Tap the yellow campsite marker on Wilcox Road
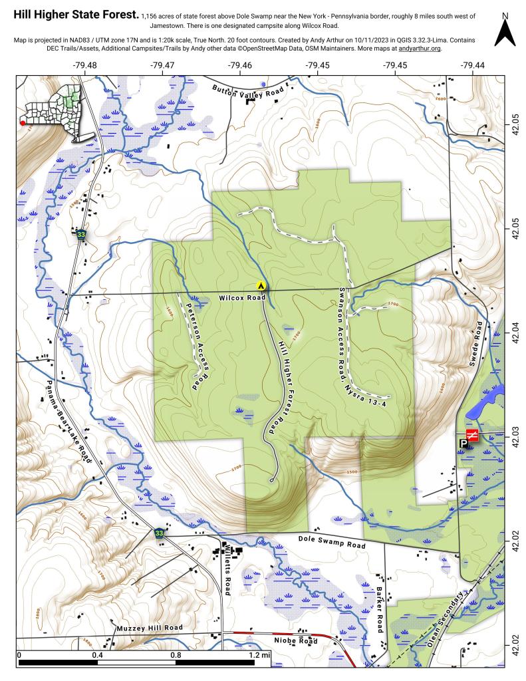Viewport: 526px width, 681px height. [x=261, y=285]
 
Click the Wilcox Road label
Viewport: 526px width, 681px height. [x=237, y=299]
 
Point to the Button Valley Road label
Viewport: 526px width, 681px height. [x=243, y=92]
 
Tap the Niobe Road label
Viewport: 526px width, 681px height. [x=296, y=640]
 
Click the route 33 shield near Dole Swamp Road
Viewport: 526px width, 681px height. [x=159, y=533]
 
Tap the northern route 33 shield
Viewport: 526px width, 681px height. [x=81, y=235]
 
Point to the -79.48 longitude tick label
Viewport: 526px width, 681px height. [x=85, y=65]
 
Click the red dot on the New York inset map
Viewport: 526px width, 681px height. [x=23, y=123]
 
